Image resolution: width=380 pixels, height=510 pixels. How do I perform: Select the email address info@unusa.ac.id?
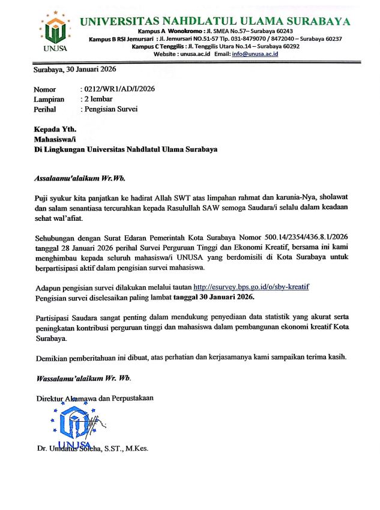(255, 54)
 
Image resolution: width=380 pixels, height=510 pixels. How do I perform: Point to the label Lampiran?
(49, 99)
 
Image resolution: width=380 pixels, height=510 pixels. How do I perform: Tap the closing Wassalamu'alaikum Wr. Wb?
(83, 378)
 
